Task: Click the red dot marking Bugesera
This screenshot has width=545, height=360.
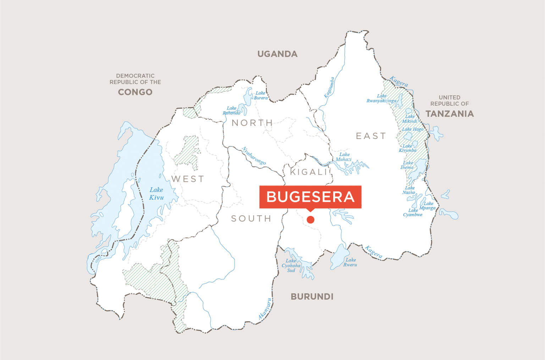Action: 310,220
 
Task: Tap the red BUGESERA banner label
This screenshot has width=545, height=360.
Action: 310,197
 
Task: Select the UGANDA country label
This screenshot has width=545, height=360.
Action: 277,54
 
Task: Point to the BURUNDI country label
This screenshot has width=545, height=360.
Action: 312,297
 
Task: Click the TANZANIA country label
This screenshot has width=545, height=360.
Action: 450,113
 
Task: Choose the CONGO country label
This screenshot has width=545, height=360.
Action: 135,92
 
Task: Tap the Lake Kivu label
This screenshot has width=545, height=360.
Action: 156,194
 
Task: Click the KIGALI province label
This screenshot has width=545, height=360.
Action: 308,172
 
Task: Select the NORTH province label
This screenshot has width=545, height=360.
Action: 252,123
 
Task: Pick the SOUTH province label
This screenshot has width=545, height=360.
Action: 251,218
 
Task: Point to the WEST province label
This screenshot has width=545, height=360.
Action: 188,179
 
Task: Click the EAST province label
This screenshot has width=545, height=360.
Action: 371,136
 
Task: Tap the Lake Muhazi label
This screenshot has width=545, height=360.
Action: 344,157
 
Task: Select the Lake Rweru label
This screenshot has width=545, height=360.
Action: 351,262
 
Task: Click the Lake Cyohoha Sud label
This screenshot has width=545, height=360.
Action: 291,265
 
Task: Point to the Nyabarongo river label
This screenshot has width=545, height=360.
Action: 254,156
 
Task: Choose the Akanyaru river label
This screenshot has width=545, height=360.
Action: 265,309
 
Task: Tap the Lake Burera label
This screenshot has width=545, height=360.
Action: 261,95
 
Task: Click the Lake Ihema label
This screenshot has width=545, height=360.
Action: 407,165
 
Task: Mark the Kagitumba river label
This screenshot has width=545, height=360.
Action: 329,87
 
